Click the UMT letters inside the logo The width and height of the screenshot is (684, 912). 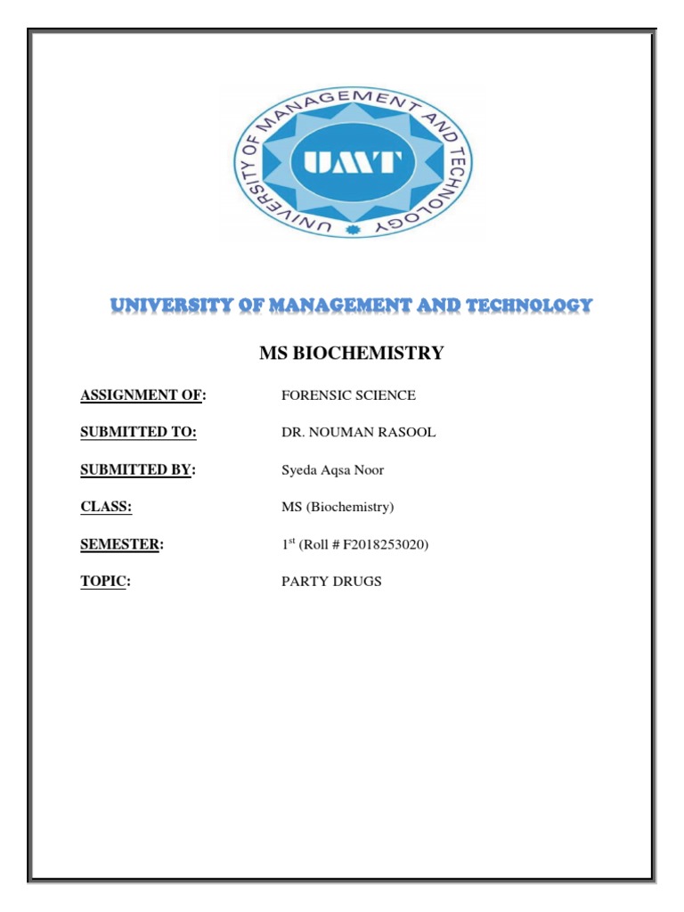tap(354, 164)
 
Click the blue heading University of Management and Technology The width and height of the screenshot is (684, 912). tap(351, 305)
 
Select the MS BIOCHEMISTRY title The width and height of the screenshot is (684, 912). tap(351, 354)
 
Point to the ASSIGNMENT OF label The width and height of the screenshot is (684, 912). tap(142, 395)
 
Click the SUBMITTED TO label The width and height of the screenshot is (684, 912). tap(138, 433)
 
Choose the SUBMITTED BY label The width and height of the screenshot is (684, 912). tap(137, 470)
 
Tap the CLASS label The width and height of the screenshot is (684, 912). tap(106, 507)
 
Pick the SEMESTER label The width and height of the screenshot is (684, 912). tap(122, 544)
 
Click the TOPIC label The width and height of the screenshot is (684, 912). tap(105, 582)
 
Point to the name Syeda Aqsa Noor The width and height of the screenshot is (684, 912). tap(332, 470)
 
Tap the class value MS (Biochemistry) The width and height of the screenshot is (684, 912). tap(338, 508)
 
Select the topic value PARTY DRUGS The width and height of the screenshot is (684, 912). tap(331, 582)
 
